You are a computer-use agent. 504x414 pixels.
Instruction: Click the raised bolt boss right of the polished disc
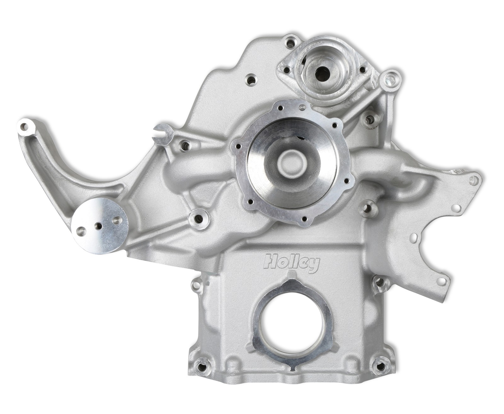(x=199, y=218)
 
